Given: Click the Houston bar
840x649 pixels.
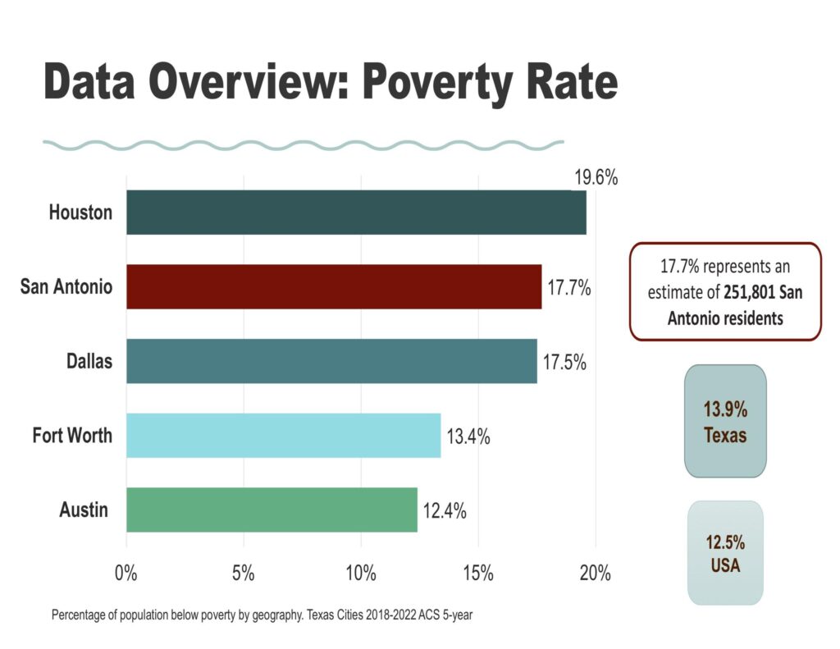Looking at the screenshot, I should (x=356, y=213).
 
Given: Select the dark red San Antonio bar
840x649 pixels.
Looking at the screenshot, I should (x=334, y=286).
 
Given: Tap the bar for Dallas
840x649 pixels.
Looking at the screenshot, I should (x=331, y=361).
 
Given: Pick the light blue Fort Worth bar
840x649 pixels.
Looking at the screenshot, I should (x=283, y=436).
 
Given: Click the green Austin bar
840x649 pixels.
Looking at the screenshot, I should (x=272, y=510).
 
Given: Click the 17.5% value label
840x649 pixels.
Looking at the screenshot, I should (x=563, y=362).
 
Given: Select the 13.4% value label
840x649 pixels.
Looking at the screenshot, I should (x=468, y=436).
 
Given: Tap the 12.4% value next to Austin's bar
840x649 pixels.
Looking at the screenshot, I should (x=444, y=510).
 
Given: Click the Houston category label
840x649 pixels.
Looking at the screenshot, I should (x=80, y=213).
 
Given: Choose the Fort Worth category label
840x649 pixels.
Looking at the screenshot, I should (x=72, y=435).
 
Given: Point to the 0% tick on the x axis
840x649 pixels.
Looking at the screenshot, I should (x=126, y=573).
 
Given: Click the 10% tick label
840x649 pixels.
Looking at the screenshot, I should (x=360, y=573).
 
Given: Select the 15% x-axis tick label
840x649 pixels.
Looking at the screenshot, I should (x=477, y=573).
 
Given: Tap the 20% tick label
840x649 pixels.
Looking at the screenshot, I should (x=595, y=573).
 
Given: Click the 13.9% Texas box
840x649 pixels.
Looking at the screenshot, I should (x=725, y=421).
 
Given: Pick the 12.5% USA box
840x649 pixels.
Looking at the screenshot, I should (x=725, y=553).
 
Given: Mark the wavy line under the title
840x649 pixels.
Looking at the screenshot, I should (x=304, y=145).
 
